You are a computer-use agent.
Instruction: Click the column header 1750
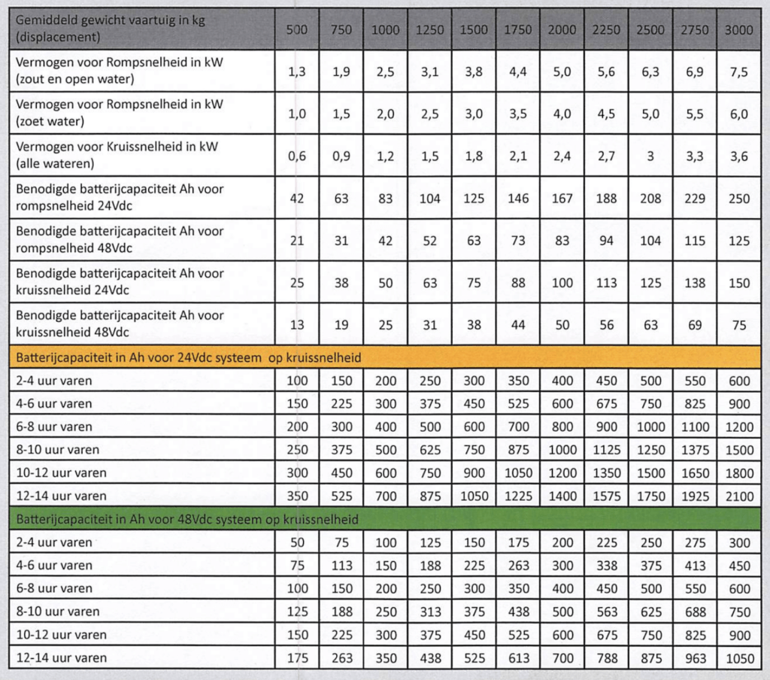tap(517, 30)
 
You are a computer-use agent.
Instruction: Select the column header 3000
tap(740, 30)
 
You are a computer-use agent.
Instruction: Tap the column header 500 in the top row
tap(297, 30)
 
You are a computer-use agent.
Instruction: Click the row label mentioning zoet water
tap(120, 112)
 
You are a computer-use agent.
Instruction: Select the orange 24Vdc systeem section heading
tap(188, 357)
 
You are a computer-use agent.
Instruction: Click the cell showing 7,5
tap(740, 71)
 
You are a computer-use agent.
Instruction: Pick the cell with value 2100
tap(740, 496)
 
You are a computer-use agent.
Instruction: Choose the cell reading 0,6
tap(297, 156)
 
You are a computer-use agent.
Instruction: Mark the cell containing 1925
tap(695, 496)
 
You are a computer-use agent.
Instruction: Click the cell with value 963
tap(695, 658)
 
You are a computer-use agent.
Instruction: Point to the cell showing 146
tap(517, 199)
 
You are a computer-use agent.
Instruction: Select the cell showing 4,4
tap(517, 71)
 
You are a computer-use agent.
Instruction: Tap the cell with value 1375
tap(695, 450)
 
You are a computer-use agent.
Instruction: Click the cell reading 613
tap(517, 658)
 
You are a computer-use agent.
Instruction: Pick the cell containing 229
tap(695, 199)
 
